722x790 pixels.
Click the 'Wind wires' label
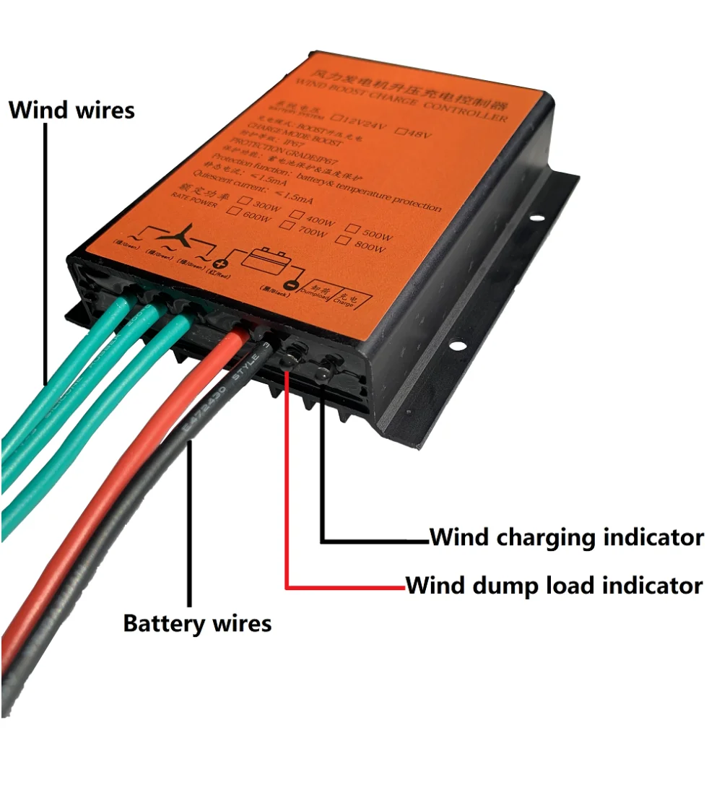(x=71, y=110)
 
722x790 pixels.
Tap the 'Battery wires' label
(x=197, y=622)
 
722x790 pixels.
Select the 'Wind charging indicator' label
(x=566, y=537)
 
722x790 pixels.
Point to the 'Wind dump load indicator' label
(x=554, y=584)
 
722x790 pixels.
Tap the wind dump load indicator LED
(x=293, y=355)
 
